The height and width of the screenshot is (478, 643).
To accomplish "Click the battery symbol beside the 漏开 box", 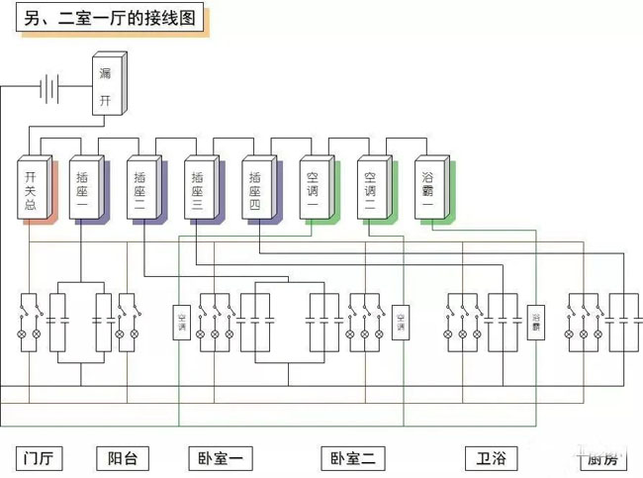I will click(51, 90).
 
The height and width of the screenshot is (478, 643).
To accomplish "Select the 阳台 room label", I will click(123, 458).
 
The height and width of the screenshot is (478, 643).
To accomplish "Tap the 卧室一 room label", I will click(219, 458).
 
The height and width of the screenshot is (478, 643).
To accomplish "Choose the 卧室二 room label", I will click(353, 458).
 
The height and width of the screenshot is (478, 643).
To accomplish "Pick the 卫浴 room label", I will click(492, 458).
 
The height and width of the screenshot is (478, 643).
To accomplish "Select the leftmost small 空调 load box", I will click(181, 322).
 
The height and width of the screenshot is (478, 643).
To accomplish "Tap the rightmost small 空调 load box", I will click(401, 322).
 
